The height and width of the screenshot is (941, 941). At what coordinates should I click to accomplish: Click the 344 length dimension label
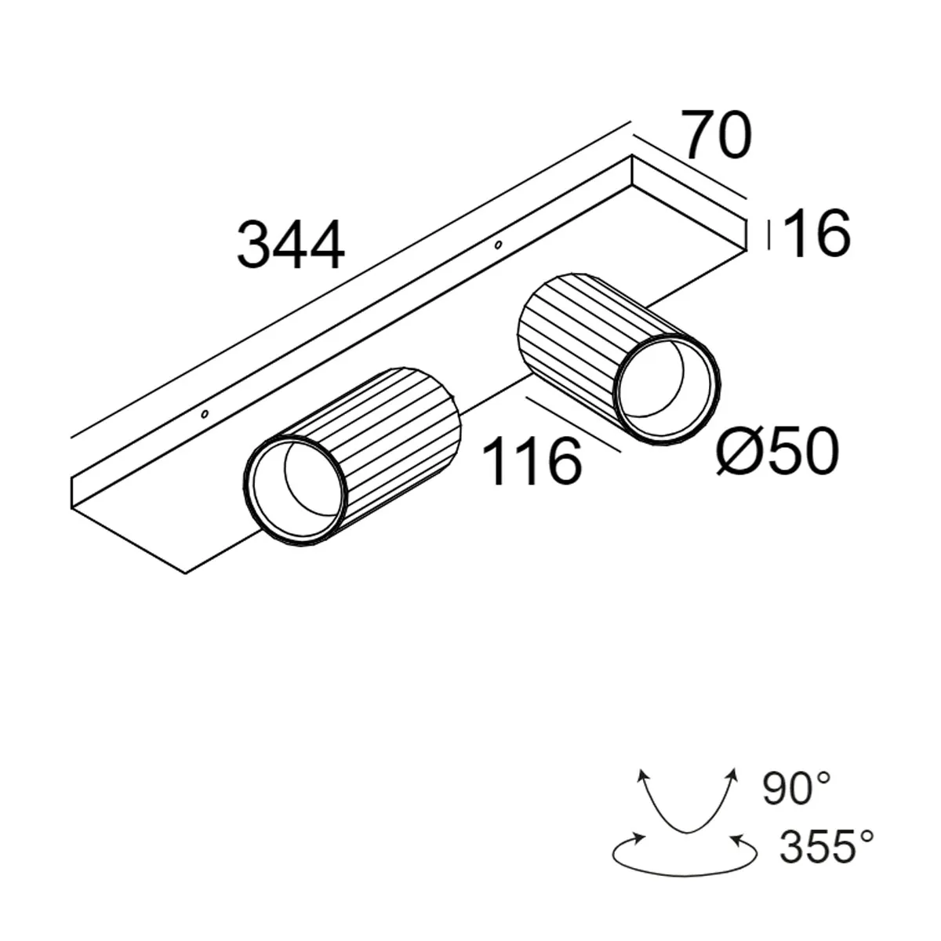pos(290,245)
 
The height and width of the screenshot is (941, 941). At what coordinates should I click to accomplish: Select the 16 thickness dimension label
pos(816,233)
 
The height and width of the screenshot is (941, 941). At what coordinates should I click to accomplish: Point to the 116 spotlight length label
pos(532,461)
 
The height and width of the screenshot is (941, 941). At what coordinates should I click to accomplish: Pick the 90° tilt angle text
pos(797,788)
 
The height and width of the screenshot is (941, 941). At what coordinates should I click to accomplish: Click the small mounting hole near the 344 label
pos(497,245)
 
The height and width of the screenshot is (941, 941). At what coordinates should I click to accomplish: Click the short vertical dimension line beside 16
pos(768,234)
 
